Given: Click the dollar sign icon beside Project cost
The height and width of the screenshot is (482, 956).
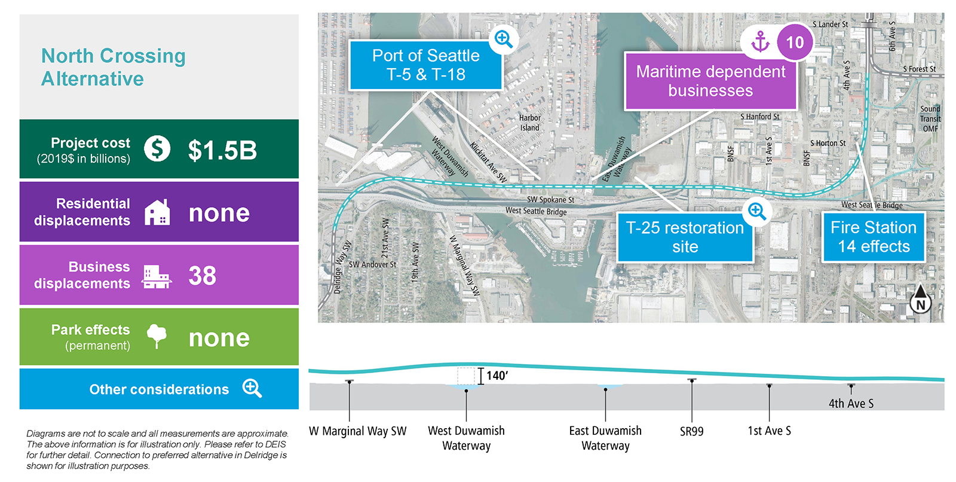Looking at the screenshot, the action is pos(157,149).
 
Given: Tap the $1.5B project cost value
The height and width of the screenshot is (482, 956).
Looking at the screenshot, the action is pos(222,150).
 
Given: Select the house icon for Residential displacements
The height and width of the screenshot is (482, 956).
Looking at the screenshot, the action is pos(157,212).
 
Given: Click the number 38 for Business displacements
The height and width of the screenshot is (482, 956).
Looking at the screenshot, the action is pos(203,276).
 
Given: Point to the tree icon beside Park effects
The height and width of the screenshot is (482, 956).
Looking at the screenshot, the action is pos(157,336).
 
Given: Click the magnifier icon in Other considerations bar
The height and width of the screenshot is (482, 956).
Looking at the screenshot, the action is pos(252,389).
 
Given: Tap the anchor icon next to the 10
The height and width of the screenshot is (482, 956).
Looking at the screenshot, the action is pos(761,42).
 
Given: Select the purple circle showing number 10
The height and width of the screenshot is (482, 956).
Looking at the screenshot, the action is pos(795,42).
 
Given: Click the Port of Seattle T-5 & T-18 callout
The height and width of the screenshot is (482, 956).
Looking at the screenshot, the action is pos(425,65).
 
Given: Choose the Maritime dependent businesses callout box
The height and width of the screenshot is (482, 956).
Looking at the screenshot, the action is pos(710,81).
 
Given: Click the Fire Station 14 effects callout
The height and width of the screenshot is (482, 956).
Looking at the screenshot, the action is pos(874,237).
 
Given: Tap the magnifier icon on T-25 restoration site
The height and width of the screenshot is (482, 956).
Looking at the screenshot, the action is pos(756,211).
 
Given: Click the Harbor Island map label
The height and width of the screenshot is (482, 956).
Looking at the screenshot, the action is pos(529,123).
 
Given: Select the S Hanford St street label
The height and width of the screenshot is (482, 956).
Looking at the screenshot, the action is pos(759,117).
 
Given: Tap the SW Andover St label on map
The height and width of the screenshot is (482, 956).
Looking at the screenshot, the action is pos(373,264).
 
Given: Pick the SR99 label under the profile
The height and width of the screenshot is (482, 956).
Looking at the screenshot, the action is pos(692,432).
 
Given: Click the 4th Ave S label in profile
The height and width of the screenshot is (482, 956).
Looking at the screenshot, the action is pos(851,404).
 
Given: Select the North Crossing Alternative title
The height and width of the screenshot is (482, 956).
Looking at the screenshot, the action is pos(114,67).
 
